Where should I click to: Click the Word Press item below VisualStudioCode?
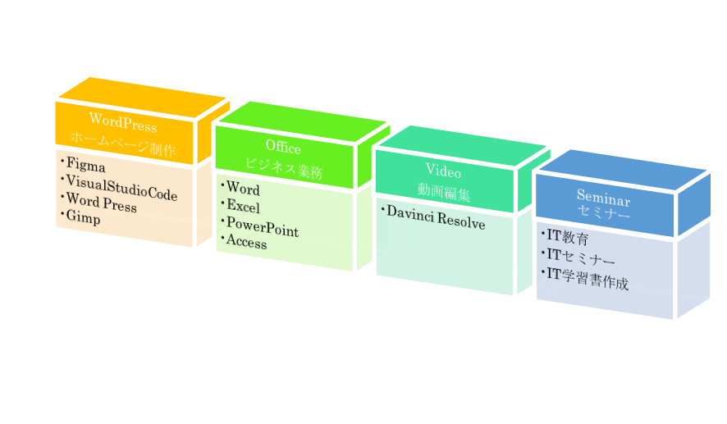pyautogui.click(x=102, y=203)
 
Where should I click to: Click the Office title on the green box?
pyautogui.click(x=283, y=148)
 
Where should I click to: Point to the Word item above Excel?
pyautogui.click(x=243, y=189)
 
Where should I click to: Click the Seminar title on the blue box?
pyautogui.click(x=603, y=198)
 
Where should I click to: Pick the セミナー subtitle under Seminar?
pyautogui.click(x=604, y=215)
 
